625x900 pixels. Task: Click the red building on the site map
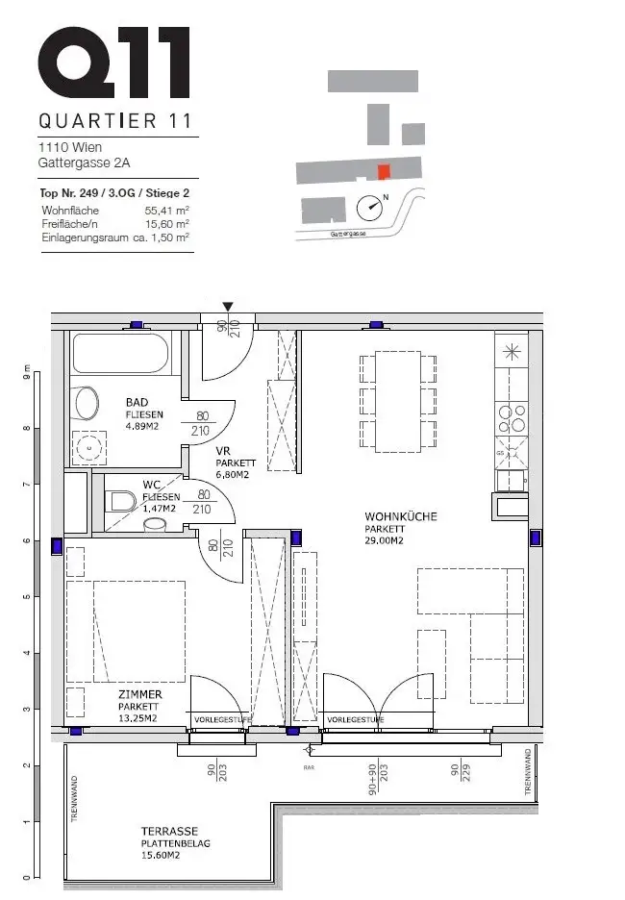pos(383,172)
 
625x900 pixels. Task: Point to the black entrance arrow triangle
pos(227,308)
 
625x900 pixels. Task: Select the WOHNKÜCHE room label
pos(400,516)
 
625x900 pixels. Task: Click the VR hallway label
pos(222,450)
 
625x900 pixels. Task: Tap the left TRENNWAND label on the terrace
pos(73,796)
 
